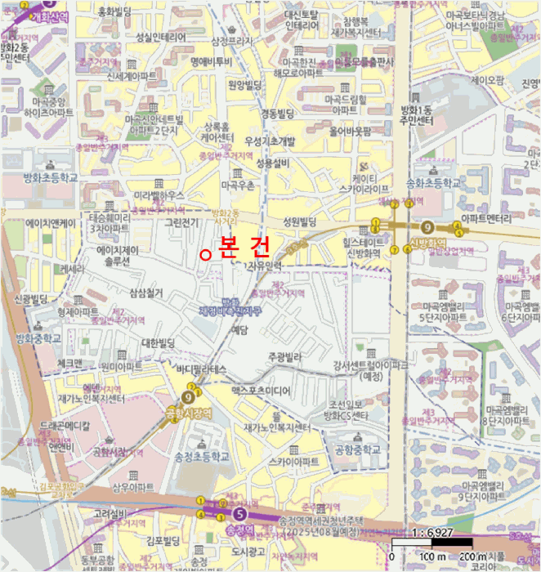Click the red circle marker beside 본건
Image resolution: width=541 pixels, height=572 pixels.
pos(206,255)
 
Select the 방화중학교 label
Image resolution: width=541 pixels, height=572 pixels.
pos(38,337)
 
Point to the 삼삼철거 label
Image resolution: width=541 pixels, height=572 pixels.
pos(146,292)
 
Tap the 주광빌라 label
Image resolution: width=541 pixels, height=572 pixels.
pos(285,358)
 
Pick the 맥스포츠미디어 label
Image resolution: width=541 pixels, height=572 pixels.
pos(261,391)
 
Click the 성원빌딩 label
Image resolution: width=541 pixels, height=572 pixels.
pos(299,221)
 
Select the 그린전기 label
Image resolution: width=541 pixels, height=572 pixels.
pos(182,221)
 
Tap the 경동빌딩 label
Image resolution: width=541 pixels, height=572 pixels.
pos(277,112)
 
